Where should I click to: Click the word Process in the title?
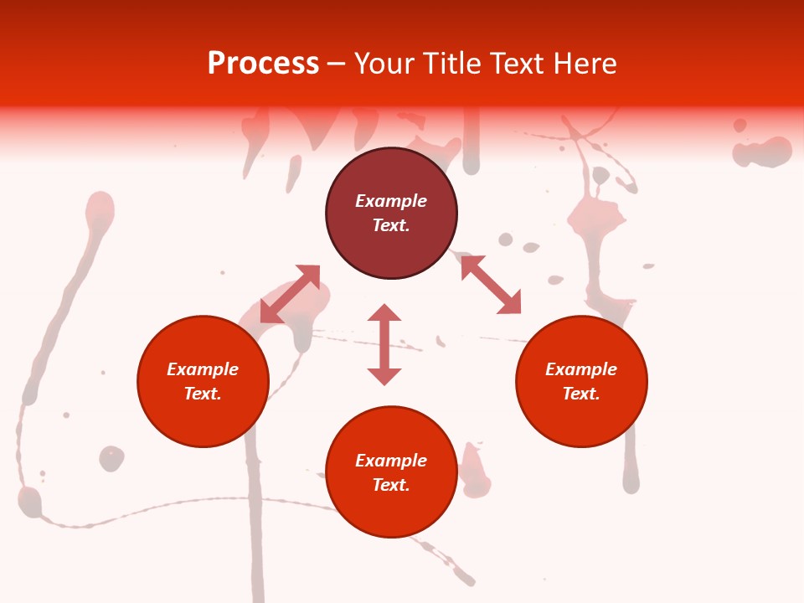[x=263, y=64]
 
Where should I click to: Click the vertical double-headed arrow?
[x=384, y=344]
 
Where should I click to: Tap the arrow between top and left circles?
[x=290, y=294]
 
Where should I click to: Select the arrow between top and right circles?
[x=491, y=285]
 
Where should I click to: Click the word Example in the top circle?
[x=391, y=201]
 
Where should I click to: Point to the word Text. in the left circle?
[x=203, y=394]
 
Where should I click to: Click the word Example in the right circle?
[x=581, y=369]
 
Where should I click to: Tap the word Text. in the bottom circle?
[x=391, y=485]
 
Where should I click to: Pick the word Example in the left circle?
[x=203, y=369]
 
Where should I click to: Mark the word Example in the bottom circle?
[x=391, y=461]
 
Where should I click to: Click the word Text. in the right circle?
[x=581, y=394]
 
